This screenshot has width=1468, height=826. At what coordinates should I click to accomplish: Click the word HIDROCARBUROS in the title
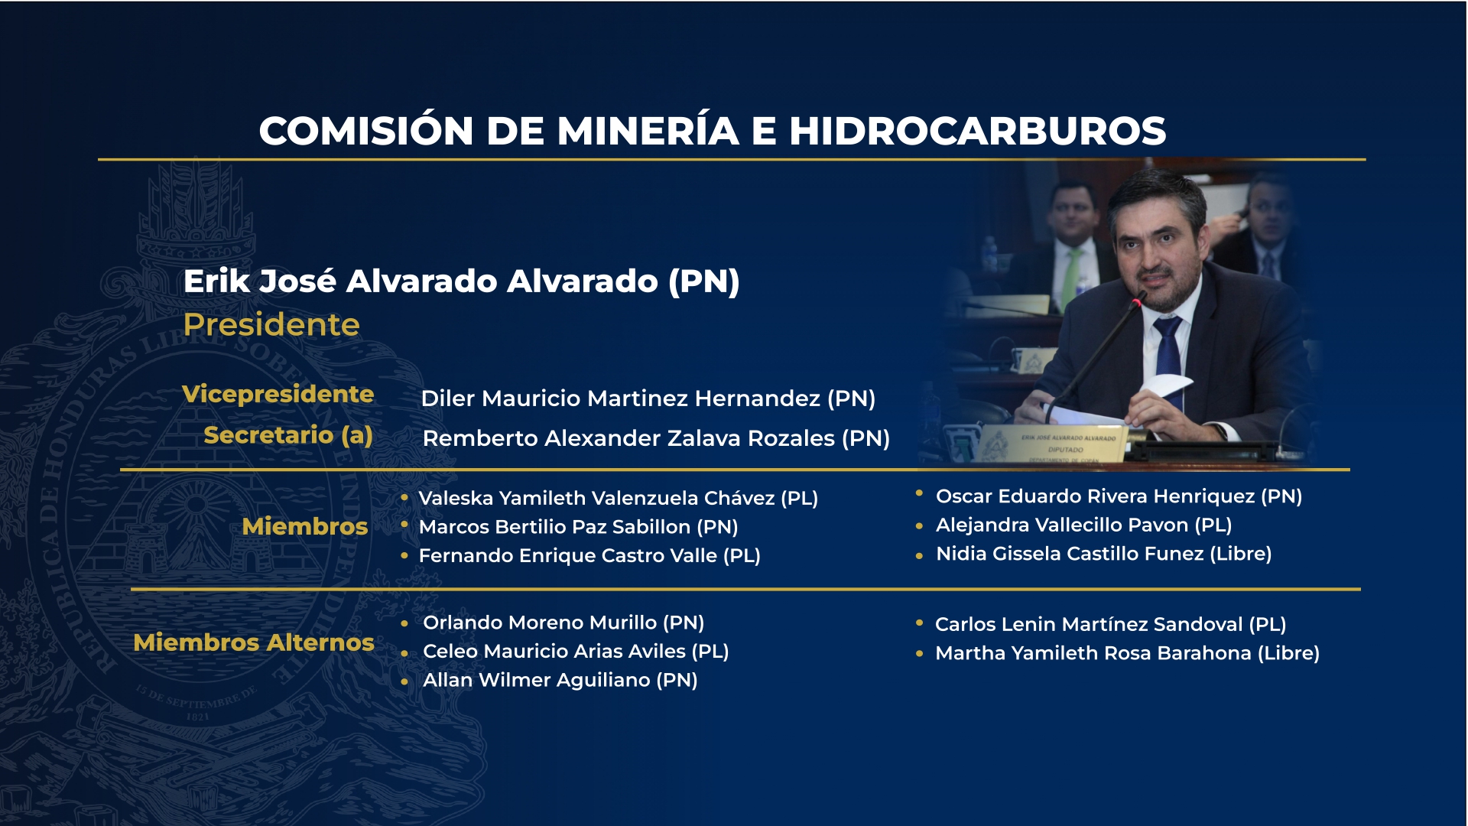(977, 131)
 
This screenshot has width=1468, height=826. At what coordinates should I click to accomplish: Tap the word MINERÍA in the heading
(648, 131)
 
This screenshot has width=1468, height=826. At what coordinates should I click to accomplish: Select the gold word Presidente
(271, 324)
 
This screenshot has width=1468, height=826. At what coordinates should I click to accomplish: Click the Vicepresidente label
(278, 394)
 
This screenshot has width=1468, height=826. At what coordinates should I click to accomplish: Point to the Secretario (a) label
(288, 435)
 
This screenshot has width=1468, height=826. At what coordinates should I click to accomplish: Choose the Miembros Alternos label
(254, 642)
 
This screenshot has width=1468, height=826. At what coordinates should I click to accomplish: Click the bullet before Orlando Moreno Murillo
(404, 623)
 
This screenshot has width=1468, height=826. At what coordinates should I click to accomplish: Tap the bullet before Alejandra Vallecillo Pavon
(919, 526)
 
